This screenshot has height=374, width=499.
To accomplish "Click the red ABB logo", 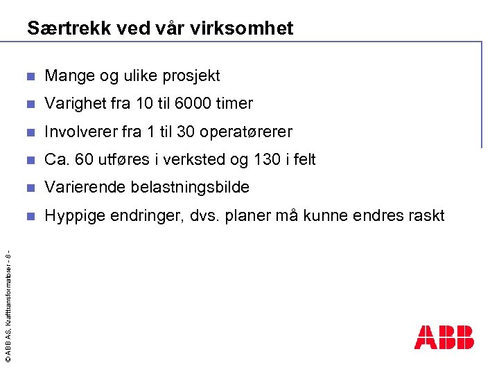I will click(444, 337).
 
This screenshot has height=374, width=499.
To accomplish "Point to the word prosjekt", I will click(190, 75).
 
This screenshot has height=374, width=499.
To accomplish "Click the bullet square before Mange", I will click(29, 76).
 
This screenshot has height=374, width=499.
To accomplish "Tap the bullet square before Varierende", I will click(29, 188).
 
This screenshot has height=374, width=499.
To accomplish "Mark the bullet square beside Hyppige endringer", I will click(29, 215).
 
